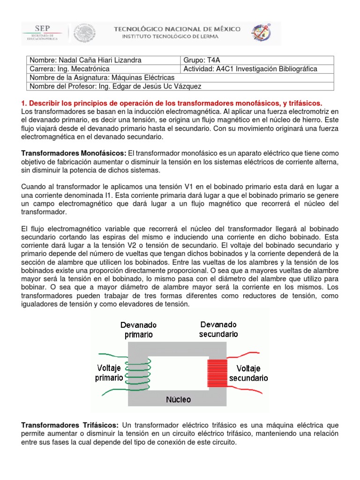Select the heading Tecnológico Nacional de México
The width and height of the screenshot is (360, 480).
[x=178, y=29]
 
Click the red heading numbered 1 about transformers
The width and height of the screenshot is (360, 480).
[x=172, y=103]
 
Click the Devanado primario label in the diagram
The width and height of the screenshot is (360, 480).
[x=138, y=330]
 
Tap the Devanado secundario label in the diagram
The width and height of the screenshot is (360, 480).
[x=218, y=329]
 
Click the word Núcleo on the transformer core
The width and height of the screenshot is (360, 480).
[x=178, y=399]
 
